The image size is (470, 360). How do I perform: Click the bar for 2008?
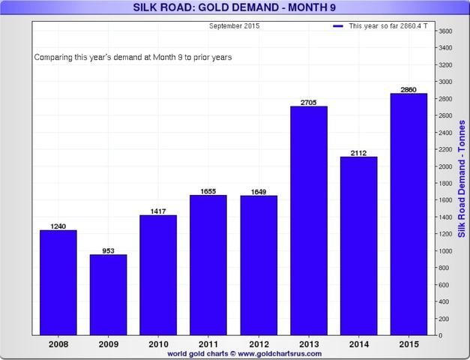click(x=58, y=282)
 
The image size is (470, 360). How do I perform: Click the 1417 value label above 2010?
click(x=157, y=211)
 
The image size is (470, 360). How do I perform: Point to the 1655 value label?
click(x=208, y=190)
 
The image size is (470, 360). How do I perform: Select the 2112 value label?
click(x=358, y=152)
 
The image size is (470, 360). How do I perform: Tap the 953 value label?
click(x=108, y=250)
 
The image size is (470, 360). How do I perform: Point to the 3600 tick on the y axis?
click(x=445, y=31)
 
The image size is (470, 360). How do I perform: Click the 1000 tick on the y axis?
click(x=445, y=250)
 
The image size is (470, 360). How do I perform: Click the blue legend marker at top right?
click(x=338, y=26)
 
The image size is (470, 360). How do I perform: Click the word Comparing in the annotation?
click(x=54, y=57)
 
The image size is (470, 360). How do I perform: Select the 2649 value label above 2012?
click(x=258, y=191)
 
